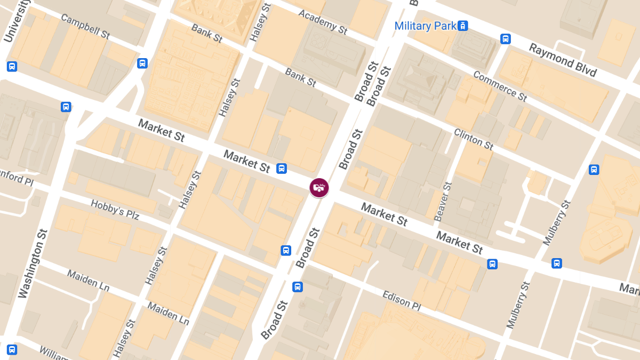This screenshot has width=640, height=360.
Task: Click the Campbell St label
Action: [x=85, y=26]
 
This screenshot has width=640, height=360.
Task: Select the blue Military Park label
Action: [x=425, y=26]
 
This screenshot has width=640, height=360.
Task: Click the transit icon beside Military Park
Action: [x=463, y=26]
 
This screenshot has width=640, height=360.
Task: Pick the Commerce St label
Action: [x=500, y=86]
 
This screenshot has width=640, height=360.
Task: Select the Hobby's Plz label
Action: [x=115, y=210]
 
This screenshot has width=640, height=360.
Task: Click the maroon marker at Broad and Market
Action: [x=319, y=187]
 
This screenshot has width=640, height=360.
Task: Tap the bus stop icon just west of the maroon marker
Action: [x=282, y=169]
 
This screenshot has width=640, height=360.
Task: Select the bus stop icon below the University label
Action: [x=12, y=67]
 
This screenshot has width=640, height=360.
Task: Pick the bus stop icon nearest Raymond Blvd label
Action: [x=505, y=38]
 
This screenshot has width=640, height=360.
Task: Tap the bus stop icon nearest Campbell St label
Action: [x=142, y=63]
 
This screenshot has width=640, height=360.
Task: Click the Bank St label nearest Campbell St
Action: [x=207, y=33]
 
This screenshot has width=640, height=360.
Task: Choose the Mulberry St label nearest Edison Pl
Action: [x=518, y=305]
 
